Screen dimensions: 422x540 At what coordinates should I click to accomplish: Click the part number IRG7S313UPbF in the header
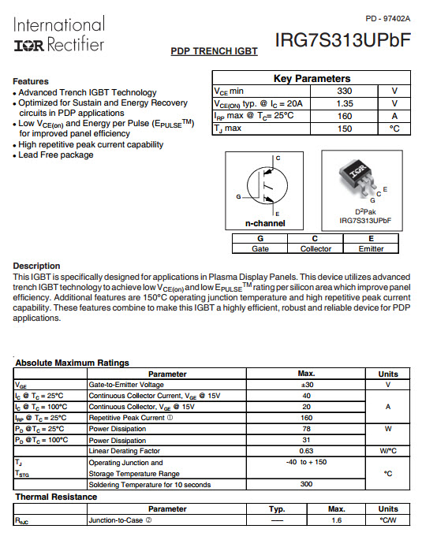click(x=343, y=40)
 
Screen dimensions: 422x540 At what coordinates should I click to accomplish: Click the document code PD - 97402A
click(x=388, y=19)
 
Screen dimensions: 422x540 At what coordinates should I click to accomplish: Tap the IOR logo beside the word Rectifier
click(x=29, y=46)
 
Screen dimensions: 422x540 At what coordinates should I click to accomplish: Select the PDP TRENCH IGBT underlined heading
click(x=214, y=51)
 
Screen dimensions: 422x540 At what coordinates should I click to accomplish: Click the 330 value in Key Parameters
click(x=345, y=91)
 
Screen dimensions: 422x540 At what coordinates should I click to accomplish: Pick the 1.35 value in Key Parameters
click(x=345, y=103)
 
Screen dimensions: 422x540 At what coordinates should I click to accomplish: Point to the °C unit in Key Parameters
click(x=394, y=128)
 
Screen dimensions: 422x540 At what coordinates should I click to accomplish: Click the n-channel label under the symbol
click(x=265, y=223)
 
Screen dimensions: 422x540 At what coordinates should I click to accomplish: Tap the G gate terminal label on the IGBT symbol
click(x=238, y=196)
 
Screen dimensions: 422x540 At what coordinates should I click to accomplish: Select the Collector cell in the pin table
click(x=316, y=248)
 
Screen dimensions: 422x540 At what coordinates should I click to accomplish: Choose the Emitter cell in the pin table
click(x=371, y=248)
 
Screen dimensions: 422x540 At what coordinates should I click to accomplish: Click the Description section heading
click(x=36, y=266)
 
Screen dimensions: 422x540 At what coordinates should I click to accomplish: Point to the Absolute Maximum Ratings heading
click(x=72, y=363)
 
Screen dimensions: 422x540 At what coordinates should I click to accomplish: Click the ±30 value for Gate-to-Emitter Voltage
click(x=306, y=385)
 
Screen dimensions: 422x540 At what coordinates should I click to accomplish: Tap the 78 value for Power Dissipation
click(x=306, y=429)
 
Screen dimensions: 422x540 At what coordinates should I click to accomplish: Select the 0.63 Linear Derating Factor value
click(x=306, y=451)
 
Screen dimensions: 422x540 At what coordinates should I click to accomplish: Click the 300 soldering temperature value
click(x=306, y=484)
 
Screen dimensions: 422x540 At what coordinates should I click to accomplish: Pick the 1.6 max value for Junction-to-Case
click(x=336, y=520)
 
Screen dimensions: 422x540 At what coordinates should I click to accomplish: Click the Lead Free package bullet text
click(x=56, y=155)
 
